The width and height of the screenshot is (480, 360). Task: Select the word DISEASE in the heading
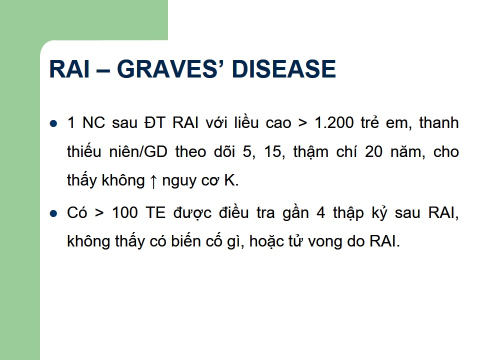tap(284, 68)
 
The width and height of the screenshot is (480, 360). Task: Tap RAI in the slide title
tap(69, 68)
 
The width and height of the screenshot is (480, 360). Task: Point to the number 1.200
tap(334, 123)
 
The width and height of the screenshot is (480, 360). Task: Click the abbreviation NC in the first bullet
tap(93, 123)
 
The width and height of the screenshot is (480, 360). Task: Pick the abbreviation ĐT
tap(154, 123)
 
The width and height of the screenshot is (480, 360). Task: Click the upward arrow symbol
tap(153, 181)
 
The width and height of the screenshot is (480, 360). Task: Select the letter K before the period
tap(229, 180)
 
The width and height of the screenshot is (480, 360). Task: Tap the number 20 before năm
tap(373, 152)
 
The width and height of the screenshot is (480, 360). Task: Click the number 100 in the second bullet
tap(125, 212)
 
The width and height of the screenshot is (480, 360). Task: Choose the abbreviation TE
tap(155, 212)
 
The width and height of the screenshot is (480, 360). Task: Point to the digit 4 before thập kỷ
tap(321, 212)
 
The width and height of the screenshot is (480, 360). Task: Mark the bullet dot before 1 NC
tap(53, 123)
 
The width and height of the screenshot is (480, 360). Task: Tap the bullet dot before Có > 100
tap(53, 213)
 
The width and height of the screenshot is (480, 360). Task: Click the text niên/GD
tap(138, 152)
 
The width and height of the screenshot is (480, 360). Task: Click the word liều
tap(246, 123)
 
